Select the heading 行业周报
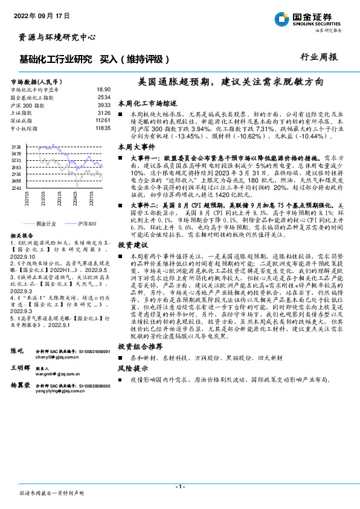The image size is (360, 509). pyautogui.click(x=318, y=57)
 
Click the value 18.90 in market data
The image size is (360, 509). pyautogui.click(x=103, y=89)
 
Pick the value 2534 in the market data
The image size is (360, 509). pyautogui.click(x=103, y=97)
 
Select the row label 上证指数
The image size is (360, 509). pyautogui.click(x=23, y=112)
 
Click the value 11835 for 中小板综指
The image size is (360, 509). pyautogui.click(x=103, y=128)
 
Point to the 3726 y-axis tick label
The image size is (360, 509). pyautogui.click(x=17, y=147)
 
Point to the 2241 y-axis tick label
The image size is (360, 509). pyautogui.click(x=17, y=188)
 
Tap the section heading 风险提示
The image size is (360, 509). pyautogui.click(x=132, y=367)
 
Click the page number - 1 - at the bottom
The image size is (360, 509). pyautogui.click(x=179, y=486)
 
